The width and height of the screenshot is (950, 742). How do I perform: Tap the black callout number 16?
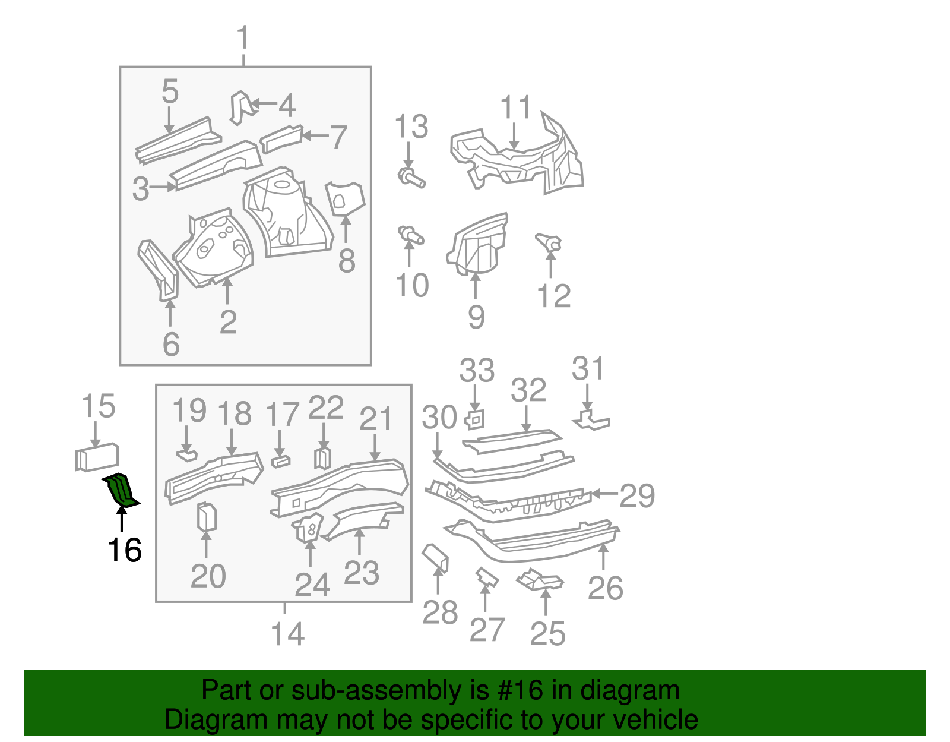pyautogui.click(x=125, y=550)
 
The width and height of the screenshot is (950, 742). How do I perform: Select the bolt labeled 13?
pyautogui.click(x=411, y=177)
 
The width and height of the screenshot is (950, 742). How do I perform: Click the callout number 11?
pyautogui.click(x=515, y=108)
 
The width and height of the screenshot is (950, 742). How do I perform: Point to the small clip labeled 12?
pyautogui.click(x=549, y=242)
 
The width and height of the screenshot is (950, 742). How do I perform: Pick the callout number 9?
pyautogui.click(x=476, y=317)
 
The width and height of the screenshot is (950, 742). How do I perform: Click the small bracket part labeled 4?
pyautogui.click(x=240, y=107)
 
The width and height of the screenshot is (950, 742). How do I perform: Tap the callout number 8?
pyautogui.click(x=347, y=261)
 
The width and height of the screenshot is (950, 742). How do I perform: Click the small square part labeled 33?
pyautogui.click(x=475, y=419)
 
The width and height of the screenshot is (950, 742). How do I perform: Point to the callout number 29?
pyautogui.click(x=637, y=495)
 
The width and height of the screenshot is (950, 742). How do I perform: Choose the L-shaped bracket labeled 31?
pyautogui.click(x=591, y=421)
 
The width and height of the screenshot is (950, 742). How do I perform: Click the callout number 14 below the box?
pyautogui.click(x=287, y=634)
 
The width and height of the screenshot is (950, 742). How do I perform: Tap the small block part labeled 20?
pyautogui.click(x=207, y=517)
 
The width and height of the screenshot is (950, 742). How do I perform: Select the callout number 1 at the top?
pyautogui.click(x=243, y=39)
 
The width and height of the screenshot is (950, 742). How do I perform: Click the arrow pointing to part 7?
pyautogui.click(x=315, y=136)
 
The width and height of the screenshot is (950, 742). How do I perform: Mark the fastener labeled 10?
pyautogui.click(x=410, y=235)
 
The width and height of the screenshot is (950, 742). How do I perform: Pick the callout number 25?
pyautogui.click(x=547, y=634)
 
